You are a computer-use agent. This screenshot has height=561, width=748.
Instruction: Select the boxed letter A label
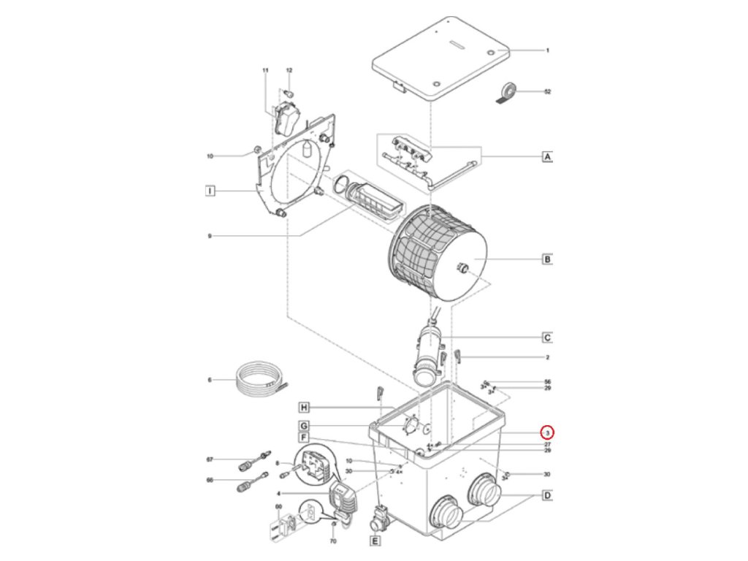(x=546, y=156)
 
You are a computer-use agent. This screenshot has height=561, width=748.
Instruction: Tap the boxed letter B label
(x=546, y=259)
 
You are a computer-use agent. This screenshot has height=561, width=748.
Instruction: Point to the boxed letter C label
(x=546, y=337)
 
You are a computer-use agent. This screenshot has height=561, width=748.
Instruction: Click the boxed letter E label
(x=375, y=541)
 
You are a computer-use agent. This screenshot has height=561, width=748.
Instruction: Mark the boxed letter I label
(x=210, y=191)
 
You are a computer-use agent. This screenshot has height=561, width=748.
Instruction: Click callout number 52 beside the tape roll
(x=547, y=92)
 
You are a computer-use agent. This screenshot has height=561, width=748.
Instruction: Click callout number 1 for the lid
(x=547, y=50)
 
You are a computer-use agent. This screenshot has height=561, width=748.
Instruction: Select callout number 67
(x=210, y=459)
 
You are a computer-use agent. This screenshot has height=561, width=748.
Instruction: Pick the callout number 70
(x=333, y=542)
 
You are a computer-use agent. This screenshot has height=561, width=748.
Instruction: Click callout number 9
(x=210, y=235)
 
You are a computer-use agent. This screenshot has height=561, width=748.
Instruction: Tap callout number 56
(x=547, y=382)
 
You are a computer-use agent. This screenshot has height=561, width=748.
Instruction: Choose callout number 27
(x=547, y=444)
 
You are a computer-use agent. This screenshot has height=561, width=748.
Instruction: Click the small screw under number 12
(x=289, y=93)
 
